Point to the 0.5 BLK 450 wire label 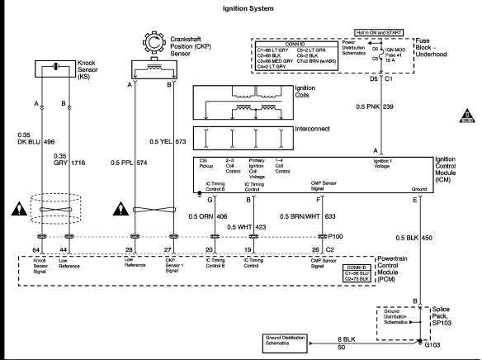coord(415,238)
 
